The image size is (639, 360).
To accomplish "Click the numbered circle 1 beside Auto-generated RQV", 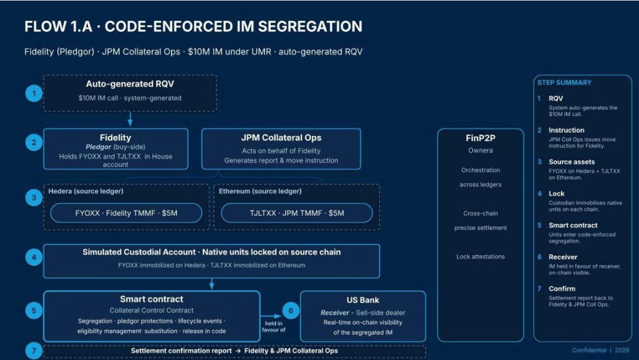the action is (x=34, y=94).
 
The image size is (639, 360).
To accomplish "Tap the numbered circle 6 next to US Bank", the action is (x=291, y=311).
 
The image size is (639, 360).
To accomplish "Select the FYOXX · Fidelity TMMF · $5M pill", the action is (x=126, y=213).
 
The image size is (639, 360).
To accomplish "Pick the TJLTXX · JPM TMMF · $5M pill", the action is (x=296, y=213).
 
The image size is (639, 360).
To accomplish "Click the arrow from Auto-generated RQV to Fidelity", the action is (x=130, y=119).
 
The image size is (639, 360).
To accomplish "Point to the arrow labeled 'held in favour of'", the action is (x=271, y=316).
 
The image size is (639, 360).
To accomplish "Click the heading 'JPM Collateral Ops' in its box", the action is (x=281, y=138).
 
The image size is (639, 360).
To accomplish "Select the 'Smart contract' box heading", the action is (x=152, y=299).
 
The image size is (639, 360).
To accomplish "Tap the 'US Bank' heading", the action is (x=363, y=300).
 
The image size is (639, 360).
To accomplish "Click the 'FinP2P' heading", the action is (x=480, y=138).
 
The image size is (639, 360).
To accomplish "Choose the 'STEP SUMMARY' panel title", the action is (x=564, y=83).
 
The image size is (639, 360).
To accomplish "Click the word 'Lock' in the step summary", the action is (x=556, y=193).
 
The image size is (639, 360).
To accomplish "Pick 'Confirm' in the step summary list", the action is (x=562, y=289).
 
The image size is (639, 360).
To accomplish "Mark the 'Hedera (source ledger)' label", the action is (x=85, y=191).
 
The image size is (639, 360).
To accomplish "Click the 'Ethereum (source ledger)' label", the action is (x=260, y=191).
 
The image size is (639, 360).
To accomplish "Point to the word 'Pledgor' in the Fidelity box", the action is (x=98, y=147).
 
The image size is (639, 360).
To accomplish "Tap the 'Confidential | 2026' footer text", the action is (x=600, y=350).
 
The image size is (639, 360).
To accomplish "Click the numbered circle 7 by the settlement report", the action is (x=34, y=351).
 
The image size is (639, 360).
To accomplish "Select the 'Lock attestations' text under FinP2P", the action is (x=480, y=256).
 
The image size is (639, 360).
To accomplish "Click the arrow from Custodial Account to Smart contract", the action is (x=212, y=285).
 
